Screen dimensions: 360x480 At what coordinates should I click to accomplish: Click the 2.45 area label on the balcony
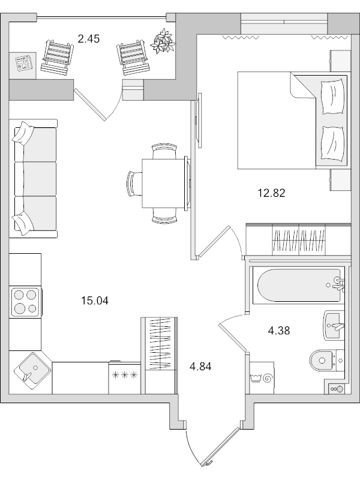tap(89, 39)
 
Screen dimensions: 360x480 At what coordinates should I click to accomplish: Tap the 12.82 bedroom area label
tap(271, 193)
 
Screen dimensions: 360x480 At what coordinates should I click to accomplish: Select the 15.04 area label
tap(95, 301)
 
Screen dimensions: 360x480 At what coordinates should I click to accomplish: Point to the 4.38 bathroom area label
tap(278, 331)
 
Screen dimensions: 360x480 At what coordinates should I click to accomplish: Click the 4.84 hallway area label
tap(200, 366)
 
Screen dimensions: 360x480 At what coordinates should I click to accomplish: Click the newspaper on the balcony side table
tap(23, 64)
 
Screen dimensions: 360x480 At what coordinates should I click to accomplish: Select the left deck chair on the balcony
tap(57, 57)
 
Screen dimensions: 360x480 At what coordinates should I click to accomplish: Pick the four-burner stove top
tap(25, 302)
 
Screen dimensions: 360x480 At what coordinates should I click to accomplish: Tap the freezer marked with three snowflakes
tap(124, 377)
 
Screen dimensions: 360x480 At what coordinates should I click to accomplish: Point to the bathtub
tap(298, 286)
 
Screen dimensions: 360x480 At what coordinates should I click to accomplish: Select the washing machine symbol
tap(262, 378)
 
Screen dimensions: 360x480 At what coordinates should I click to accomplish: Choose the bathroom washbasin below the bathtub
tap(334, 325)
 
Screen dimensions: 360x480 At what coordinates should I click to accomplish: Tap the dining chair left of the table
tap(134, 183)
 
